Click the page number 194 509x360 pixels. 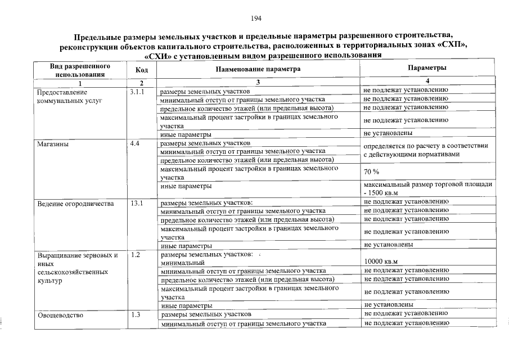click(x=256, y=19)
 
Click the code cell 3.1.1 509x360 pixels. click(x=137, y=91)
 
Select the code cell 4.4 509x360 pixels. click(x=134, y=144)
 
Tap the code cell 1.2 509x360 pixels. click(x=134, y=255)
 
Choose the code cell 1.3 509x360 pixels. click(x=134, y=315)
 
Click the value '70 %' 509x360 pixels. click(x=372, y=171)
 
